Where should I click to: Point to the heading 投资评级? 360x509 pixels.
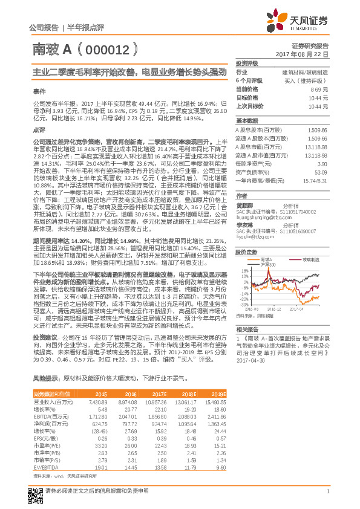coord(247,63)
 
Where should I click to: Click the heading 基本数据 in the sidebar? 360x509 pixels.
coord(247,120)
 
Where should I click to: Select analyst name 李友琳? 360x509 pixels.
coord(244,225)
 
